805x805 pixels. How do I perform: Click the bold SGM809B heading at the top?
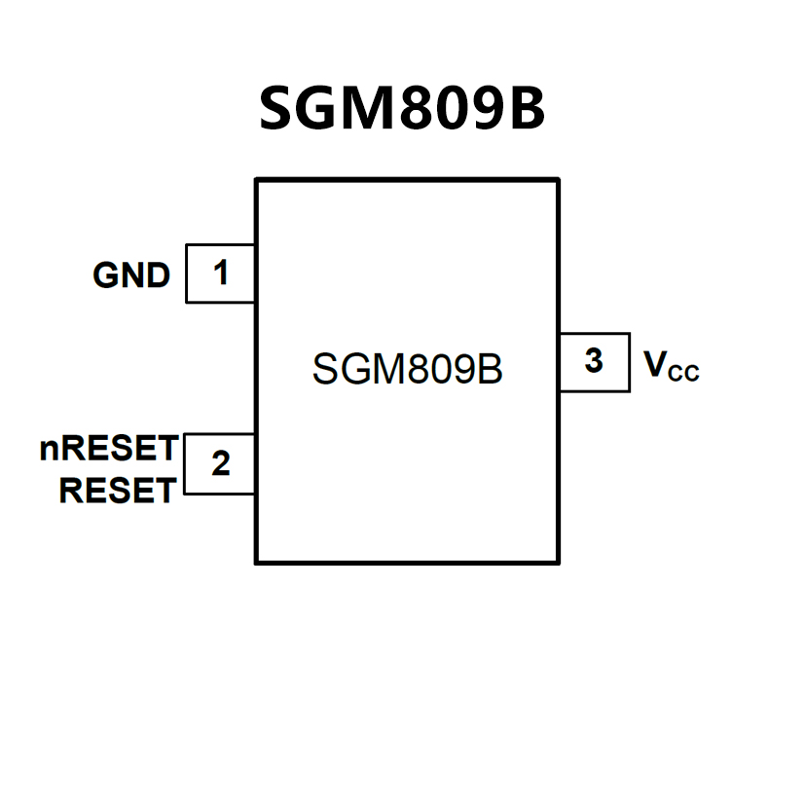[x=402, y=108]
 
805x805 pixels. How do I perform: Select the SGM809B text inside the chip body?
[x=407, y=370]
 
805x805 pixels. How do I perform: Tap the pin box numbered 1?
[x=221, y=274]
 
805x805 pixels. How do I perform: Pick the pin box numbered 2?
[x=221, y=464]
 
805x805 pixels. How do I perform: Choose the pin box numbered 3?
[x=594, y=362]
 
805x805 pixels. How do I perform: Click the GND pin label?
[x=131, y=276]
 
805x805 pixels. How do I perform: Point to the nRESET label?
[x=109, y=449]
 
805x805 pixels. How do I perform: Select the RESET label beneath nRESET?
[x=117, y=491]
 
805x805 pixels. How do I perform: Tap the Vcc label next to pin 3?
[x=672, y=366]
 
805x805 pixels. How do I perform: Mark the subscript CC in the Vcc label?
[x=684, y=373]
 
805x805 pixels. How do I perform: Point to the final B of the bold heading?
[x=527, y=108]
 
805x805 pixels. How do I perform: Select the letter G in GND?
[x=106, y=276]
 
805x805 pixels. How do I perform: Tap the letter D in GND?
[x=158, y=276]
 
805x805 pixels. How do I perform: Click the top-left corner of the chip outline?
[x=257, y=180]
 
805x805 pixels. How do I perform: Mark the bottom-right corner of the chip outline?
[x=558, y=562]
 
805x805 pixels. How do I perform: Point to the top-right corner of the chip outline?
[x=558, y=180]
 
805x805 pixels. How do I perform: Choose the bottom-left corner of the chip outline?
[x=257, y=562]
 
